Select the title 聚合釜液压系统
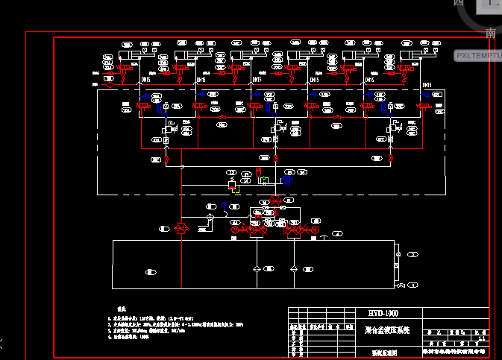click(388, 329)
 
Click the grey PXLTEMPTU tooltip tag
click(477, 55)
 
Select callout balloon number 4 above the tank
click(338, 234)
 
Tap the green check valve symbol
click(263, 180)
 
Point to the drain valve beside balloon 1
click(401, 285)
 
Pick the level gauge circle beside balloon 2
click(398, 255)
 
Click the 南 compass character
click(490, 33)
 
